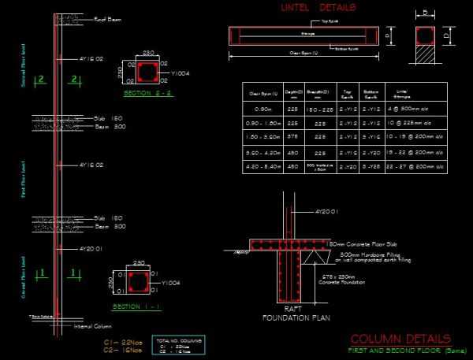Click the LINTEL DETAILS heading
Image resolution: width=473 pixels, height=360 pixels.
click(317, 8)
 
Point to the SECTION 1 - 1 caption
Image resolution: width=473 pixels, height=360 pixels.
click(133, 305)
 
